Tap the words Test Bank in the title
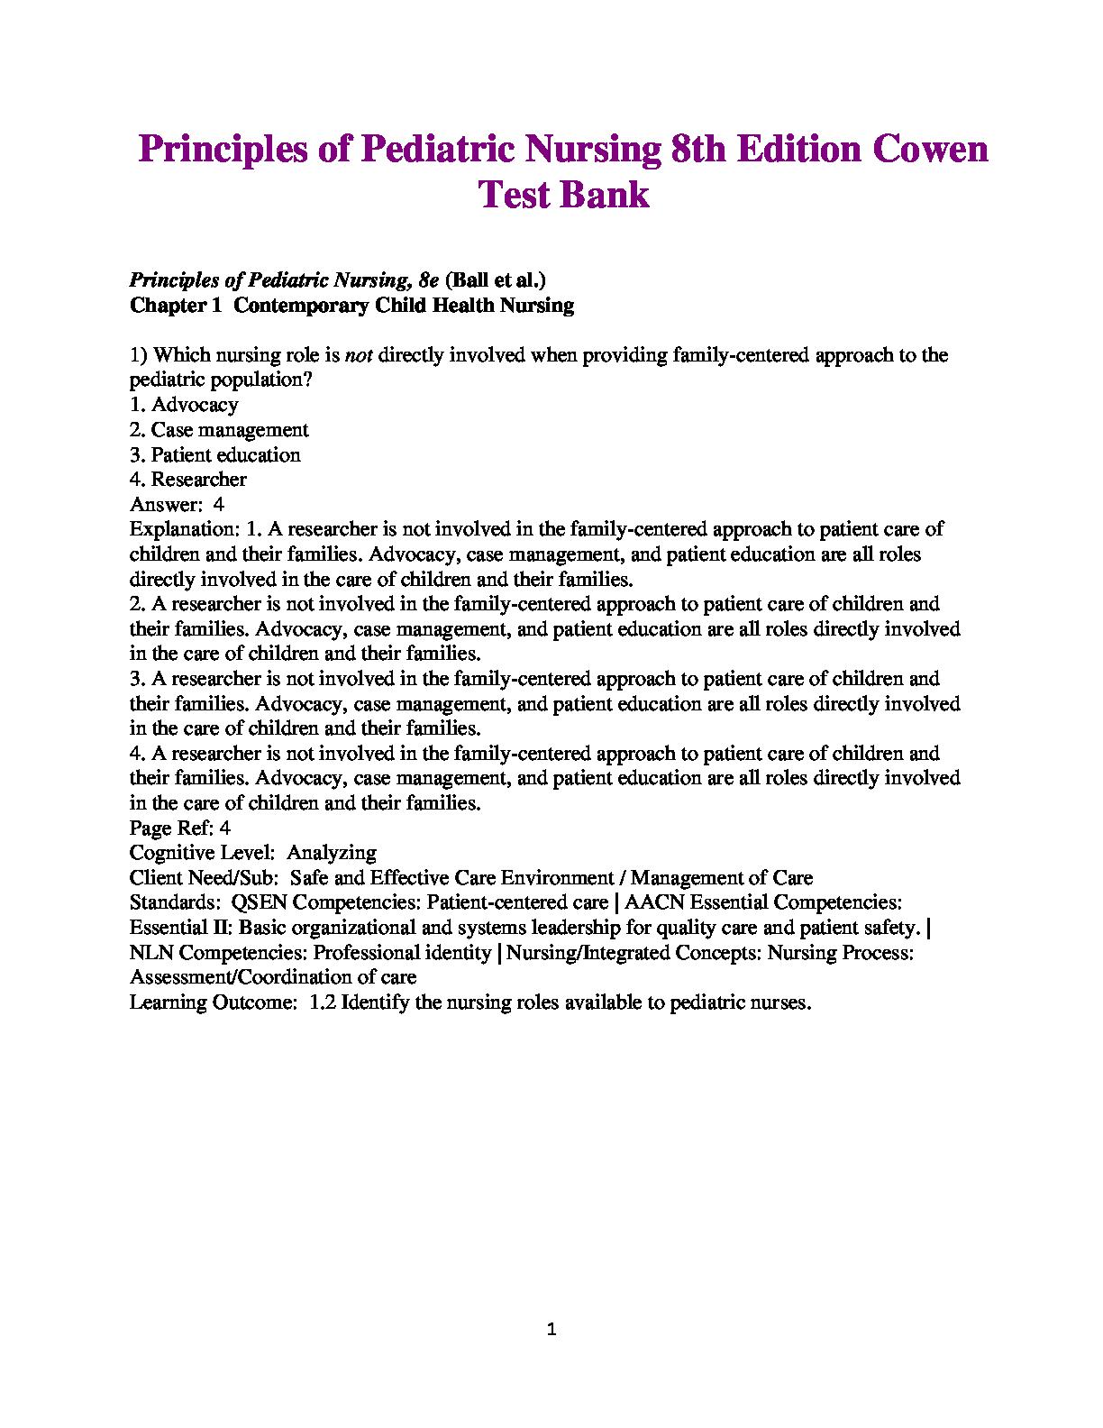pyautogui.click(x=562, y=195)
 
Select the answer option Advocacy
pyautogui.click(x=195, y=405)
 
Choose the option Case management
pyautogui.click(x=229, y=430)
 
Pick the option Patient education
pyautogui.click(x=225, y=455)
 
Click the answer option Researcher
pyautogui.click(x=198, y=480)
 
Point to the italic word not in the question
pyautogui.click(x=360, y=355)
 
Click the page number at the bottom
pyautogui.click(x=552, y=1330)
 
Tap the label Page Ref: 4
pyautogui.click(x=180, y=828)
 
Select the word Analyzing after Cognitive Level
pyautogui.click(x=331, y=853)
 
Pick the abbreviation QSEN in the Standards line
pyautogui.click(x=259, y=902)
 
